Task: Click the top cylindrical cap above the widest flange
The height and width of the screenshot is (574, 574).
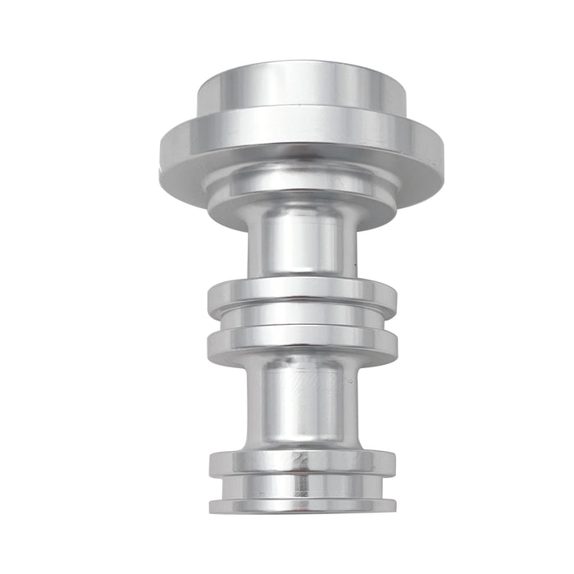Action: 301,90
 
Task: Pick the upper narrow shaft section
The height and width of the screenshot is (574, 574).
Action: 301,242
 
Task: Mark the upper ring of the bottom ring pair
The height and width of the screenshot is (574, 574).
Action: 301,463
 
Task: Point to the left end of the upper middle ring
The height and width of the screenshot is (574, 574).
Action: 211,297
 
